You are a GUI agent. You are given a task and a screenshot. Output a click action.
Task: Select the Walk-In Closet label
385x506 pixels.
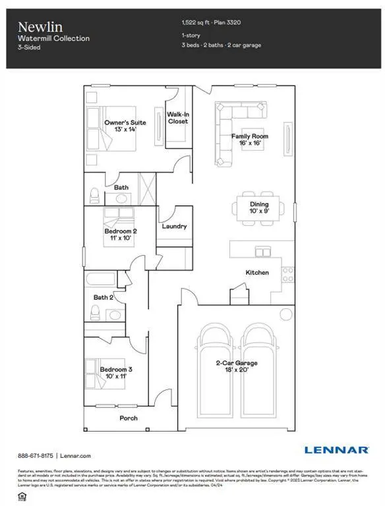[178, 118]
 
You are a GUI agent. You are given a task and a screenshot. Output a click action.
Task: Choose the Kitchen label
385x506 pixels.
[256, 272]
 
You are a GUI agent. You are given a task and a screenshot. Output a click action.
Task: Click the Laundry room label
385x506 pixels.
[174, 226]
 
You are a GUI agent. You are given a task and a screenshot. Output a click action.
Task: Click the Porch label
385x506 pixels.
[129, 418]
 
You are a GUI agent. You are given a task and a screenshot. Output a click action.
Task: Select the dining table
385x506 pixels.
[256, 208]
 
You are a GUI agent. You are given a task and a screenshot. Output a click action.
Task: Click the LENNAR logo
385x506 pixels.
[336, 449]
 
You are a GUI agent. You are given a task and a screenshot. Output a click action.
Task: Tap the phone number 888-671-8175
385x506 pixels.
[35, 455]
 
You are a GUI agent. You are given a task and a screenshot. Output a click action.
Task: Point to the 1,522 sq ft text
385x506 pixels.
[196, 22]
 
